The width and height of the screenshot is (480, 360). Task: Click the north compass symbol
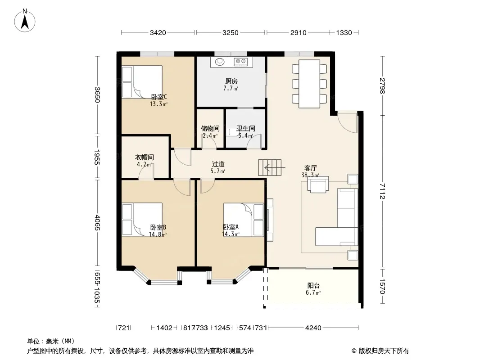click(x=25, y=20)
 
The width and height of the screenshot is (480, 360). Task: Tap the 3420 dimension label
click(x=158, y=32)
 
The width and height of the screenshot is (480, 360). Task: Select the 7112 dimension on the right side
click(x=382, y=191)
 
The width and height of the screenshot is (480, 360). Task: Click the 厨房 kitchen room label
click(x=231, y=81)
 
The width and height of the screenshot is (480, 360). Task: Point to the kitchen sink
click(x=220, y=62)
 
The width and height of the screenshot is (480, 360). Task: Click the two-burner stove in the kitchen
click(x=240, y=62)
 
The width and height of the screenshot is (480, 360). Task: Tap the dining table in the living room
click(x=309, y=84)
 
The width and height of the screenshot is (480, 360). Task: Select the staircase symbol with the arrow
click(x=270, y=167)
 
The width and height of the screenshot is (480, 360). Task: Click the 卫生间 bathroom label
click(x=246, y=128)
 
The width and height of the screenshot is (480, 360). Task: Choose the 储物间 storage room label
click(x=210, y=128)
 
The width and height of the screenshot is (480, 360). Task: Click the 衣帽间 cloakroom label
click(x=145, y=157)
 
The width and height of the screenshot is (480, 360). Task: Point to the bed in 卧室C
click(x=142, y=82)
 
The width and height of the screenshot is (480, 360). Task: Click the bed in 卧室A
click(x=244, y=220)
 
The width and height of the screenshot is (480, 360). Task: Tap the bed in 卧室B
click(x=142, y=220)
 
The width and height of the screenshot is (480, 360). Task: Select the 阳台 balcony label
click(x=313, y=285)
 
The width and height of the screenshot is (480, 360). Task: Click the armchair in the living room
click(x=318, y=184)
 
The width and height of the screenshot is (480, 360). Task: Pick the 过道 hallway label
click(x=218, y=164)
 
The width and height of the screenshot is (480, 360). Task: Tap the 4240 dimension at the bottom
click(x=313, y=328)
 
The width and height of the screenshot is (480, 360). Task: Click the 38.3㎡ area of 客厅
click(x=310, y=175)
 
